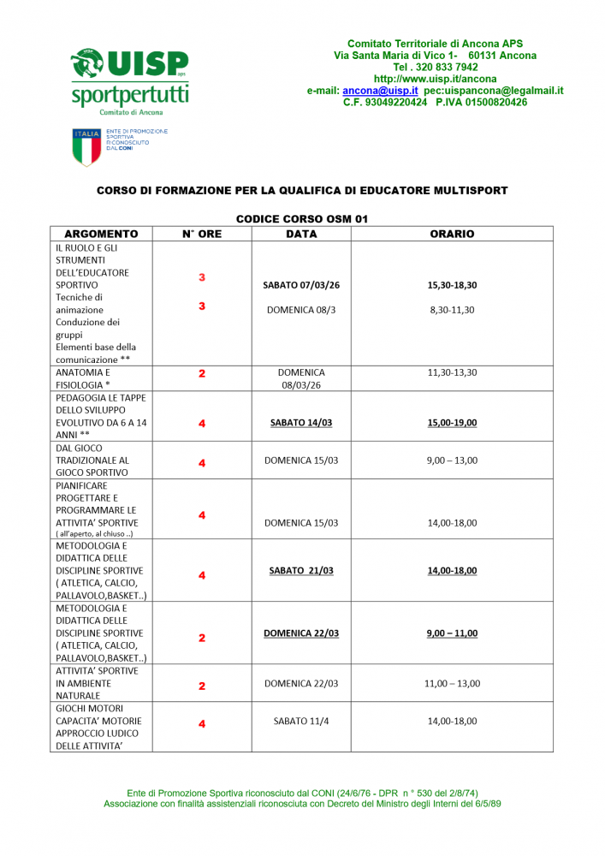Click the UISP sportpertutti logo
click(x=129, y=78)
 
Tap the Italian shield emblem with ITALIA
click(x=86, y=146)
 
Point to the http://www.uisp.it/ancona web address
click(x=435, y=79)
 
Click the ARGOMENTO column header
click(x=101, y=234)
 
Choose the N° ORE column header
click(x=202, y=234)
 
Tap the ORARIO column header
click(x=453, y=234)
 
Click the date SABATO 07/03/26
click(x=301, y=285)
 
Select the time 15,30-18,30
click(x=453, y=285)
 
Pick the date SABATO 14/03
click(x=301, y=423)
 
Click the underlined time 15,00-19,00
click(x=453, y=423)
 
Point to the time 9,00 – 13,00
click(x=453, y=461)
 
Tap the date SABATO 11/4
click(x=301, y=722)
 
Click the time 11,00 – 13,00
click(x=453, y=684)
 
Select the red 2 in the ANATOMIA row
click(x=202, y=374)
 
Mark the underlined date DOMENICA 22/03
click(x=301, y=633)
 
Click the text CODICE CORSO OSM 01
click(x=301, y=219)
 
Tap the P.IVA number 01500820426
click(x=495, y=102)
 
